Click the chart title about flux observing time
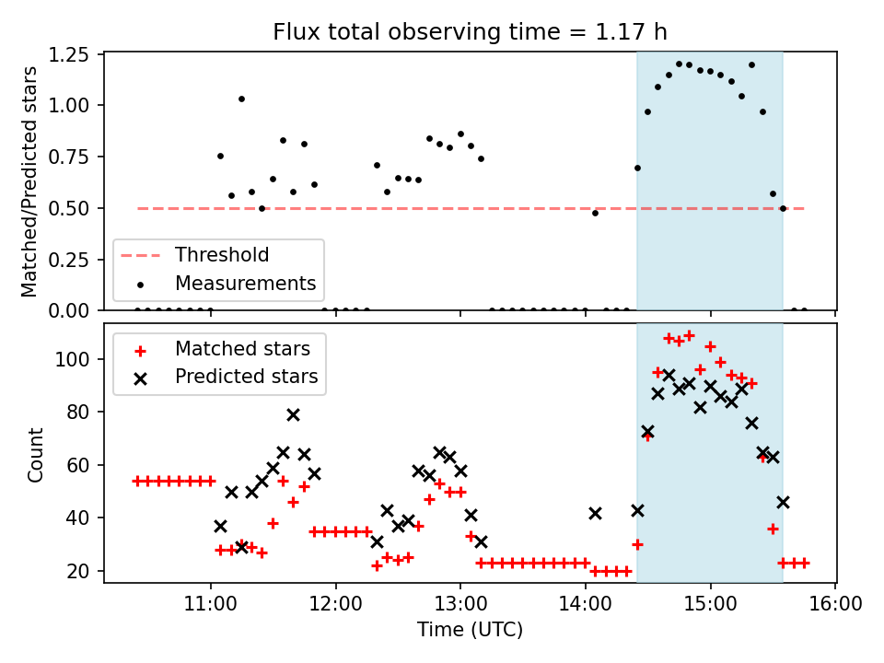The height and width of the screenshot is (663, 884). tap(470, 32)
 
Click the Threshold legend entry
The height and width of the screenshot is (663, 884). tap(222, 255)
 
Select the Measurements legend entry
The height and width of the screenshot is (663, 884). tap(245, 283)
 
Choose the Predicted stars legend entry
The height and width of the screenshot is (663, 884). tap(246, 377)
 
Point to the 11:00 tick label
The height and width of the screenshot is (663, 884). tap(211, 605)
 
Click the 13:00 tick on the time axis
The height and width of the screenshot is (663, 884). tap(460, 605)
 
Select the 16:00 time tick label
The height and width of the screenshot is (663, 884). tap(835, 605)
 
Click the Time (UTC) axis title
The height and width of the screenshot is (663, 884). tap(470, 631)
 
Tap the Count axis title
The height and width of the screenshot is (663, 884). tap(36, 455)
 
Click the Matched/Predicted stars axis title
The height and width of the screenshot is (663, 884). tap(30, 181)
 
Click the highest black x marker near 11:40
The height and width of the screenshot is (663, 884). tap(293, 414)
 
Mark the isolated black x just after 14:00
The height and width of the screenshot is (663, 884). tap(595, 513)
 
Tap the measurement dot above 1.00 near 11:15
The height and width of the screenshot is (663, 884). tap(241, 99)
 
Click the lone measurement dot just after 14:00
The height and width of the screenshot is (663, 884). tap(595, 213)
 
